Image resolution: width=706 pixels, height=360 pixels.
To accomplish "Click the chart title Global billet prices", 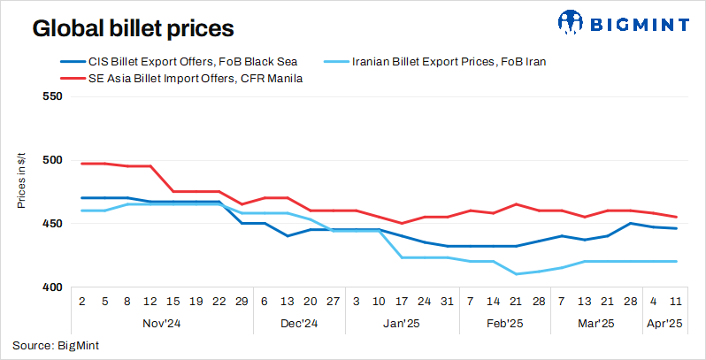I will [133, 28].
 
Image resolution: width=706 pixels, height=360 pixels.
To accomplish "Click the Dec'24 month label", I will [299, 324].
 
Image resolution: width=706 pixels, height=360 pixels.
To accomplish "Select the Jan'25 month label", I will [403, 324].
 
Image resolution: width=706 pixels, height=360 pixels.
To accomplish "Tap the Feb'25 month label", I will [505, 324].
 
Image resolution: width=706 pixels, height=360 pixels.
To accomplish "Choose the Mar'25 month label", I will [597, 324].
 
